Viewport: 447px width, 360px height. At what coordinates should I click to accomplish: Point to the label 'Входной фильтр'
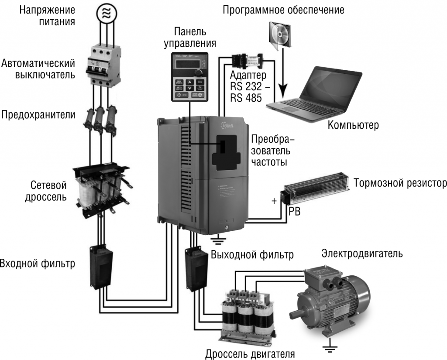(37, 264)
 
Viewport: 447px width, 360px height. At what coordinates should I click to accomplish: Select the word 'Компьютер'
(353, 125)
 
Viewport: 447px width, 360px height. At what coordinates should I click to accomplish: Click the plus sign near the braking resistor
(274, 201)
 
